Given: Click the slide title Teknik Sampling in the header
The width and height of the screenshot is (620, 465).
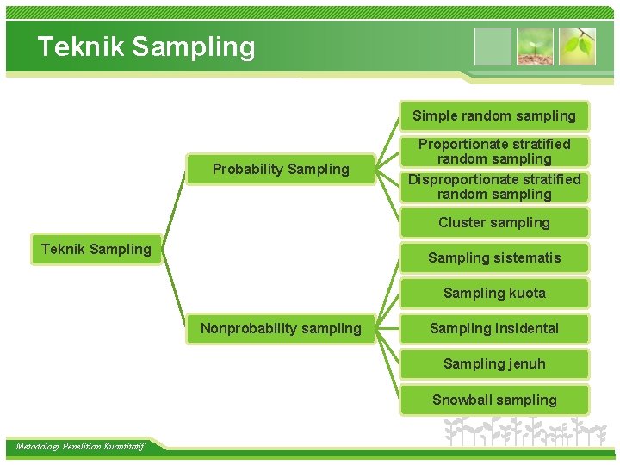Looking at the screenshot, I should pyautogui.click(x=146, y=46).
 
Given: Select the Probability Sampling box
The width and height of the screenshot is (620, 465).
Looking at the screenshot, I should pyautogui.click(x=281, y=169).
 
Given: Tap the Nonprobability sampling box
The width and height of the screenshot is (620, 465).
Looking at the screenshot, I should pyautogui.click(x=281, y=328).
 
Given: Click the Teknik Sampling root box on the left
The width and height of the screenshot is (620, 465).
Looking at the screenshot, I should pyautogui.click(x=96, y=250).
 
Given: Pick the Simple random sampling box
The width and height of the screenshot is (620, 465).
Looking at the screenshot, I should pyautogui.click(x=494, y=115).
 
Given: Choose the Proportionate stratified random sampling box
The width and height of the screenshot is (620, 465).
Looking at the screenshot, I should pyautogui.click(x=494, y=151).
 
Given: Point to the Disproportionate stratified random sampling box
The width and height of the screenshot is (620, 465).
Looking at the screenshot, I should pyautogui.click(x=494, y=186).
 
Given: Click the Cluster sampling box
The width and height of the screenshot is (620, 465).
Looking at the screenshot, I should pyautogui.click(x=494, y=222).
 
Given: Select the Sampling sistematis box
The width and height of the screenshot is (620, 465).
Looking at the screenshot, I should pyautogui.click(x=494, y=257).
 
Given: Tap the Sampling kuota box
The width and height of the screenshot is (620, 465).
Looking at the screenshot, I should pyautogui.click(x=494, y=293).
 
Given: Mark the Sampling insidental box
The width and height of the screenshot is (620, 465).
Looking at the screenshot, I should pyautogui.click(x=494, y=328).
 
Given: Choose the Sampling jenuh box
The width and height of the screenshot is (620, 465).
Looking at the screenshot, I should pyautogui.click(x=494, y=363).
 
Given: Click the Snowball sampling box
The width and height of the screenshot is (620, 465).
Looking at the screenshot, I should pyautogui.click(x=494, y=400).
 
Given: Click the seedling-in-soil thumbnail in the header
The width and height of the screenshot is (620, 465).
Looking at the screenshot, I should pyautogui.click(x=535, y=46).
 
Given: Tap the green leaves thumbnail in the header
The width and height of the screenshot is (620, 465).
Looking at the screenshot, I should pyautogui.click(x=577, y=46).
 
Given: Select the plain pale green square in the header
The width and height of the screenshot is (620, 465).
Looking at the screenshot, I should pyautogui.click(x=493, y=46).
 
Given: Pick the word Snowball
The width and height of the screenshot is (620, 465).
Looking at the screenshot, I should pyautogui.click(x=462, y=400).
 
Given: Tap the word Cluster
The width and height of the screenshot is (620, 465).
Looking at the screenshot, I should pyautogui.click(x=462, y=222).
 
